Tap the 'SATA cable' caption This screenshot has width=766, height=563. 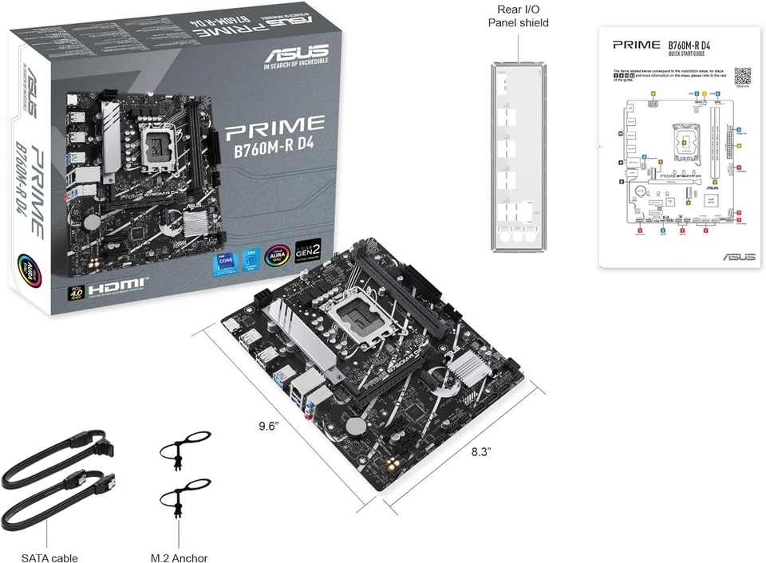click(x=49, y=557)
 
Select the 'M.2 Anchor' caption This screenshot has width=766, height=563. click(x=179, y=557)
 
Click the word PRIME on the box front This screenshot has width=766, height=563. click(x=276, y=124)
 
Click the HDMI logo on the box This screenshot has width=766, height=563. click(x=116, y=284)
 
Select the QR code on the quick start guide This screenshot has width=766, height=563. click(x=742, y=76)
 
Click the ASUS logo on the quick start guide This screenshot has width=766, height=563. click(x=737, y=257)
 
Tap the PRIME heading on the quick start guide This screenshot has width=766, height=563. click(x=636, y=45)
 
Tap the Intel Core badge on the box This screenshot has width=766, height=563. click(x=224, y=261)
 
